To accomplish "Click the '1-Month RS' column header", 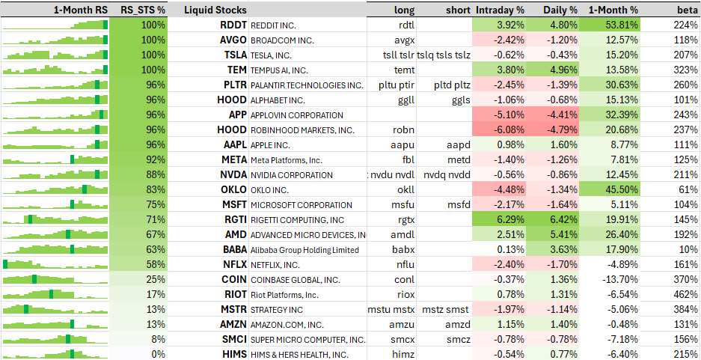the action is (x=81, y=10).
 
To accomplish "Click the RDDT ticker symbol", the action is (x=233, y=25).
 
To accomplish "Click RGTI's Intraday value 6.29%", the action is (x=507, y=219).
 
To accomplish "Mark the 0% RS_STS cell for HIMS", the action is (x=158, y=354).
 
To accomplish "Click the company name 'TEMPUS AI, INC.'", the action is (x=279, y=70).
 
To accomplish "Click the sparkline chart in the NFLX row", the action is (x=55, y=264).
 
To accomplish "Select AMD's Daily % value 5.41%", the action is (x=560, y=235).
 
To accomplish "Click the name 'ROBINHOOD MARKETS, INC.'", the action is (x=302, y=130).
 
